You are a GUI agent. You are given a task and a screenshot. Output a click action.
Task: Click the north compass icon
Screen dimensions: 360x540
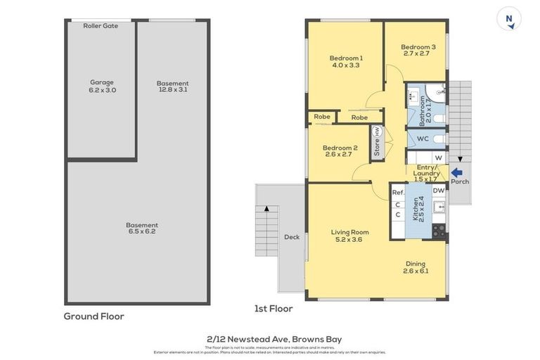tap(508, 18)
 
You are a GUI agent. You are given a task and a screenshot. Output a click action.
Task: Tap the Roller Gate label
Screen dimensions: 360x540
tap(101, 26)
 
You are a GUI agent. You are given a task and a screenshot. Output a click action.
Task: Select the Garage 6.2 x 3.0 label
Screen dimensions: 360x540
tap(101, 86)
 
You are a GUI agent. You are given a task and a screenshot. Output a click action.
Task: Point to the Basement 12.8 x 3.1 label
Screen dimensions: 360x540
tap(172, 86)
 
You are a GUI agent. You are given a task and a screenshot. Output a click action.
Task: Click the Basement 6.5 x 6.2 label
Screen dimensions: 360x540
tap(143, 229)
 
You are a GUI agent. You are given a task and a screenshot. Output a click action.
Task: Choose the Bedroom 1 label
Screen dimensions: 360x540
tap(346, 61)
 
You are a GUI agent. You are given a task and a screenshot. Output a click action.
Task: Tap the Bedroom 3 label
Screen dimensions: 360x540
tap(419, 50)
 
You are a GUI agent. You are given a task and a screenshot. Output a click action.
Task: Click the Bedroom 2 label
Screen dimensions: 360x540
tap(340, 151)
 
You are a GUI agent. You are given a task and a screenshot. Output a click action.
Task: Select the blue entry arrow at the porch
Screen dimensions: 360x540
tap(456, 172)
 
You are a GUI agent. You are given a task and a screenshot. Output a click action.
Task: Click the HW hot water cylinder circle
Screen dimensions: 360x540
tap(378, 131)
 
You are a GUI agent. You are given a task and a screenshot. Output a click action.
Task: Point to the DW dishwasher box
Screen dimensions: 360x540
tap(438, 191)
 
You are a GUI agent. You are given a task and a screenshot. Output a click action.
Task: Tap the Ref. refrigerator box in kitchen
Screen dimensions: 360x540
tap(398, 192)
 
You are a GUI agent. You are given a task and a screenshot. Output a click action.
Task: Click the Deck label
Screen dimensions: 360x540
tap(291, 237)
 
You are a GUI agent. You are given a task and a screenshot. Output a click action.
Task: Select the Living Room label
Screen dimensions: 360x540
tap(350, 236)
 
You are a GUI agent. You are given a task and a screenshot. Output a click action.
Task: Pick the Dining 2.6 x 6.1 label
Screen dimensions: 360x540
tap(415, 267)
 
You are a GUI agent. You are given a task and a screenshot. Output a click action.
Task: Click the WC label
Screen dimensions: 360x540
tap(423, 139)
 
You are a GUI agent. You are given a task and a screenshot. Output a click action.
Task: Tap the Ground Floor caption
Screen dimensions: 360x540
tap(94, 316)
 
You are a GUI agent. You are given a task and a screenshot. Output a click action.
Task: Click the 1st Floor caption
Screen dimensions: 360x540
tap(274, 309)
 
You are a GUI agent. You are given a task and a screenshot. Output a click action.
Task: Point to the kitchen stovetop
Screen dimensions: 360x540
tap(439, 229)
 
